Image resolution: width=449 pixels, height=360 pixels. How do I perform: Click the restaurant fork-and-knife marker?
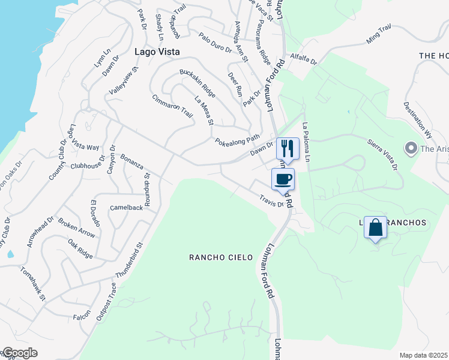click(x=288, y=148)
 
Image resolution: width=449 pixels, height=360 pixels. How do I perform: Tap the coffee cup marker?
click(x=283, y=179)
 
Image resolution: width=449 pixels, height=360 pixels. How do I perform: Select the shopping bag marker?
click(x=375, y=228)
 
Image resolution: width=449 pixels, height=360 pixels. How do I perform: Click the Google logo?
click(x=19, y=353)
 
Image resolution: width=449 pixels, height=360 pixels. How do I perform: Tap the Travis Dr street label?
click(x=271, y=201)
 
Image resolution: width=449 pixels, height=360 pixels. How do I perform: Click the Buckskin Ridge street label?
click(x=197, y=83)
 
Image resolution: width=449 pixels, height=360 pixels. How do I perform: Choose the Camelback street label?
click(x=127, y=208)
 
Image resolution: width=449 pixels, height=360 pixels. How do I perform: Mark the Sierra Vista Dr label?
click(x=382, y=155)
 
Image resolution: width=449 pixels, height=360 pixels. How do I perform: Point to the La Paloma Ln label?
click(x=306, y=142)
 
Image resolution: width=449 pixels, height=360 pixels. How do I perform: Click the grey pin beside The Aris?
click(x=411, y=148)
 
